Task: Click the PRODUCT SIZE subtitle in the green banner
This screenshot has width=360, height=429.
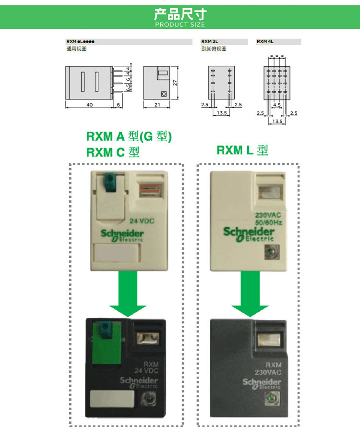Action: pos(180,25)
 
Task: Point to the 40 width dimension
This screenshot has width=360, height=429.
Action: pos(89,104)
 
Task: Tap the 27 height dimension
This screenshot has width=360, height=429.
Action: pos(176,83)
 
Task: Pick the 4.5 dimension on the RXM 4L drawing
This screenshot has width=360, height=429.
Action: pos(277,104)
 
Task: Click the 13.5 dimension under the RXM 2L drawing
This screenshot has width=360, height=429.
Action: pos(221,113)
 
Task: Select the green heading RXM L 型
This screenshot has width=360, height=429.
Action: pos(242,150)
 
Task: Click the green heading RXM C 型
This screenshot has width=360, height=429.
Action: pos(113,152)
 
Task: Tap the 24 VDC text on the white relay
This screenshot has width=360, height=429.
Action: pos(143,221)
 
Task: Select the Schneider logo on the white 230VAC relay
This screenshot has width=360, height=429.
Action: pos(249,233)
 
